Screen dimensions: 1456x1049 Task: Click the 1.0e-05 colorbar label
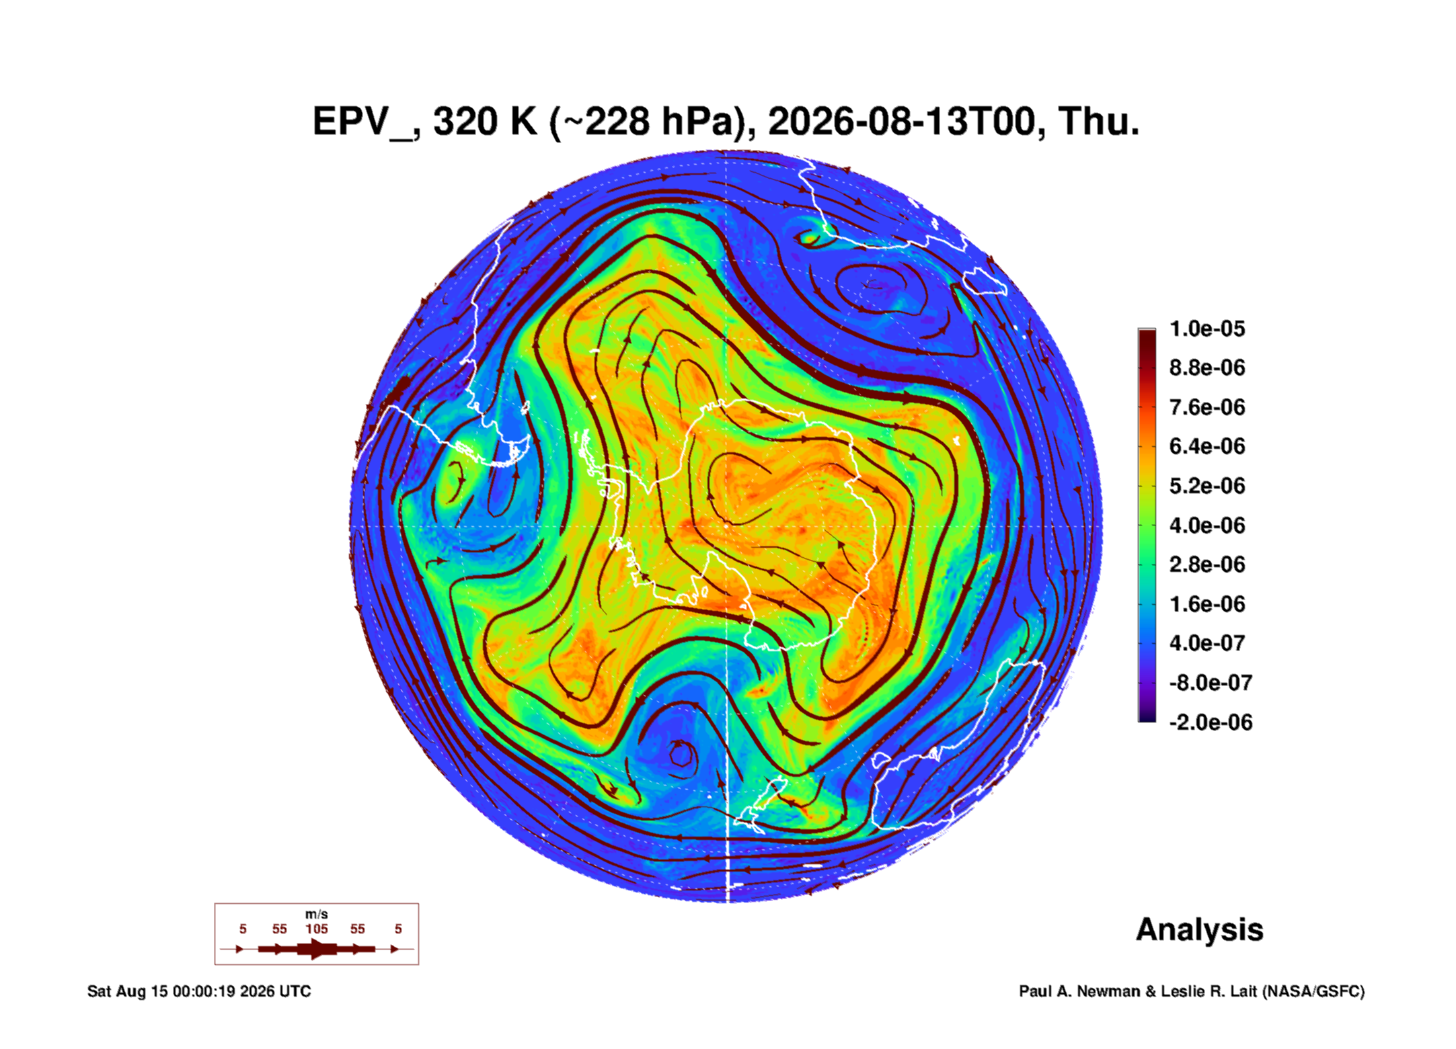(x=1207, y=329)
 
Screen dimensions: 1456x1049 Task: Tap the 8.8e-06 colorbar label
(x=1207, y=368)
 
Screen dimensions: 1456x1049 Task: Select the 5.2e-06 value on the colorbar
(x=1207, y=485)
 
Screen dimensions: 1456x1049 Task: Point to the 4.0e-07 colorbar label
(x=1207, y=643)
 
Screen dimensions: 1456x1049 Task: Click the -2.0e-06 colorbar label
(x=1211, y=722)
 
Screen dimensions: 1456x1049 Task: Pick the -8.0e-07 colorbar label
(x=1211, y=683)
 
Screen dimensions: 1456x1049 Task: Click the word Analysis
(x=1200, y=930)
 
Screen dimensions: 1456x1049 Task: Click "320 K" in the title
(x=486, y=122)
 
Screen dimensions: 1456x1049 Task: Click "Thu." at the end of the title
(x=1099, y=122)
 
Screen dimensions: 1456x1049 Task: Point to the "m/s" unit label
(x=317, y=915)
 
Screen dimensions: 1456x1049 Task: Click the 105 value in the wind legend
(x=317, y=929)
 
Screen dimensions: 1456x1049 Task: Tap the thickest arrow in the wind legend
(x=317, y=949)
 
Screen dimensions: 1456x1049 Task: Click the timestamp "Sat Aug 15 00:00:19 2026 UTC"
(x=199, y=991)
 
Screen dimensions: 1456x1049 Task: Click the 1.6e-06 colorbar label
(x=1207, y=603)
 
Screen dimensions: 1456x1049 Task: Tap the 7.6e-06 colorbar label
(x=1207, y=407)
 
